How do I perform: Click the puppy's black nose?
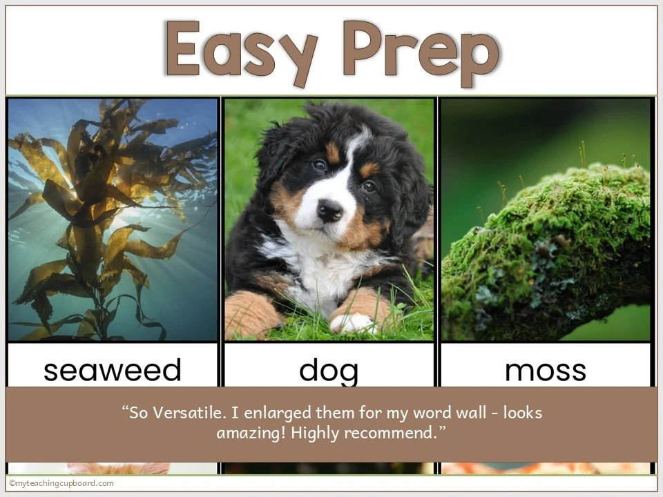click(329, 210)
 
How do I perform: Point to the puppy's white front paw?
click(352, 323)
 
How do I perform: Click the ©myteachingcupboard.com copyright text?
click(61, 483)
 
